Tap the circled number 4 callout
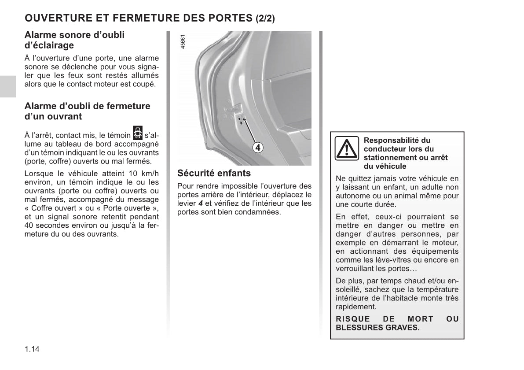click(x=258, y=148)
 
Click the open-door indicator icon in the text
click(x=138, y=133)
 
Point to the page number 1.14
click(x=32, y=349)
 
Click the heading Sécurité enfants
click(x=214, y=173)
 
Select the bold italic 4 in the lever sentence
click(x=201, y=203)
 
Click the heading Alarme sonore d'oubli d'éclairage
click(x=74, y=40)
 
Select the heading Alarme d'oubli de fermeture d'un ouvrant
click(x=87, y=111)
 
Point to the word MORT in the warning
click(x=420, y=319)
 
